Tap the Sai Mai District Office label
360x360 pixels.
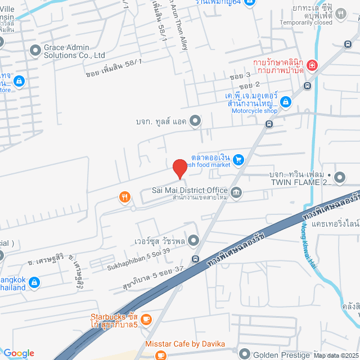190,191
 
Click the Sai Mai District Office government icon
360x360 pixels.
236,192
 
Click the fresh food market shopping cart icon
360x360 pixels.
238,160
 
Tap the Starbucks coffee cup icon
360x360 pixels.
146,319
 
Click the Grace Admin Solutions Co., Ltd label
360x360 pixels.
75,52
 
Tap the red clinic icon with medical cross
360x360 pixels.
312,66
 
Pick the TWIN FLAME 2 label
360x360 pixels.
299,182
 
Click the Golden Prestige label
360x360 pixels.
282,354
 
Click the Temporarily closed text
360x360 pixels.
305,22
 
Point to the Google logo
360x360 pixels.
18,353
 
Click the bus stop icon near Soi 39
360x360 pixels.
195,259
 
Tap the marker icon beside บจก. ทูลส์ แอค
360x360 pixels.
195,120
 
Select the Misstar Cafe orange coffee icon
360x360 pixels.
161,355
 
